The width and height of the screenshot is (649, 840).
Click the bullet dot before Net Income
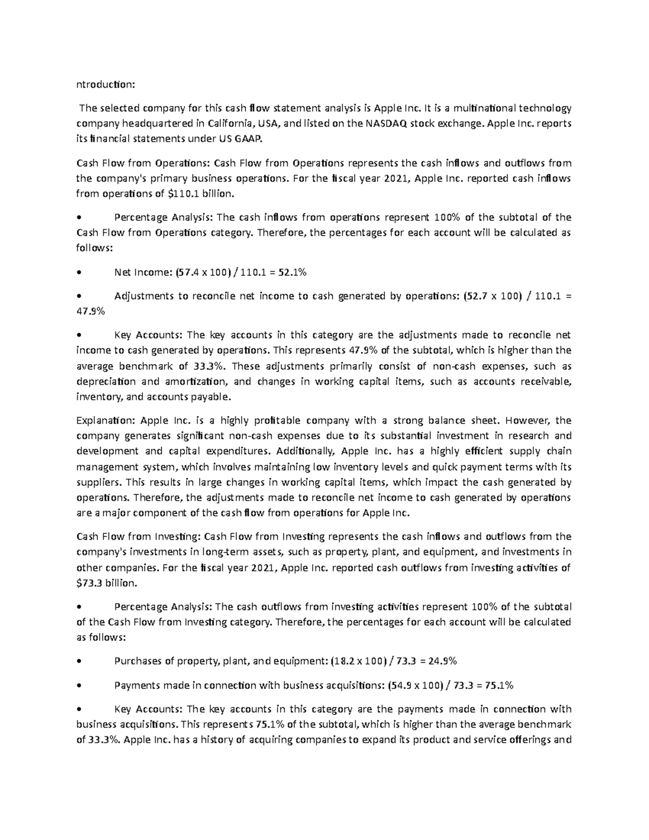tap(80, 273)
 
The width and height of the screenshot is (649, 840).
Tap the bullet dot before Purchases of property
tap(80, 662)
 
